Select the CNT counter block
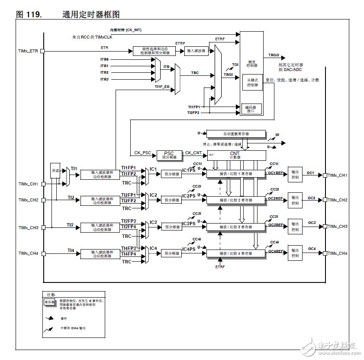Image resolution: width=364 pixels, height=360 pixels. (235, 155)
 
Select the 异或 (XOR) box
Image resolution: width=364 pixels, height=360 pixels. (55, 171)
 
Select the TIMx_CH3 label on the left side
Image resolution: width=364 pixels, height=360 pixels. (29, 227)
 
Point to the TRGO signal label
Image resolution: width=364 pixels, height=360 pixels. (274, 55)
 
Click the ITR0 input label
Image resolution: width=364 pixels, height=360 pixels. (104, 59)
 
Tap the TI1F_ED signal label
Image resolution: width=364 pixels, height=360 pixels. (162, 87)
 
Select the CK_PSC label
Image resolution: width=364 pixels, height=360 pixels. (142, 153)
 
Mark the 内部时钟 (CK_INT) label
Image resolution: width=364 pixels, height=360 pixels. (126, 30)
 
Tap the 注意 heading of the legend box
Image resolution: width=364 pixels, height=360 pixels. (51, 295)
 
